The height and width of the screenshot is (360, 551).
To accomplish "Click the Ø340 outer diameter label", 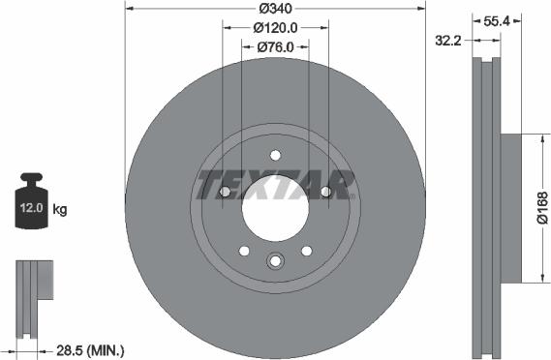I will tap(275, 11).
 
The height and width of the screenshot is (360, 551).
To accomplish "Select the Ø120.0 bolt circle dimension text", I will tap(275, 28).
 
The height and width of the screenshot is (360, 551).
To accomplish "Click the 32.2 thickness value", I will tap(446, 41).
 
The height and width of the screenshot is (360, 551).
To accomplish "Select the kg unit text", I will tap(61, 209).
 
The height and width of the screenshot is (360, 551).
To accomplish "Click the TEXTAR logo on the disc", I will tap(275, 182).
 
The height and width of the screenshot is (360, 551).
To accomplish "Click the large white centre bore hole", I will tap(275, 204).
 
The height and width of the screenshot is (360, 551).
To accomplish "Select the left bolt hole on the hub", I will tap(226, 192).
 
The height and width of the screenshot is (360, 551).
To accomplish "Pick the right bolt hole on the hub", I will tap(324, 192).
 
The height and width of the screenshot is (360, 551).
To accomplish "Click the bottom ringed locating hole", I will tap(275, 260).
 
